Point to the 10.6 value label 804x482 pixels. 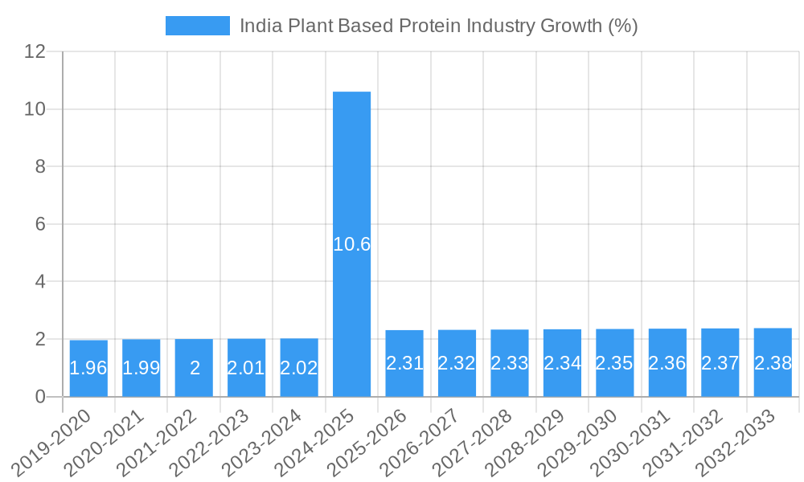(352, 244)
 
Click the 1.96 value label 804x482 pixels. (88, 368)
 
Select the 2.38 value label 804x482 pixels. (773, 363)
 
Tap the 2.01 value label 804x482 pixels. (246, 368)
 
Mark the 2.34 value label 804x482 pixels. (562, 363)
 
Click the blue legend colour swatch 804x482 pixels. (197, 26)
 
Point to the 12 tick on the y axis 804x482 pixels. (35, 51)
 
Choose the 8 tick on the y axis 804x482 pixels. (40, 166)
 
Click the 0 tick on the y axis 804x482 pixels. (40, 397)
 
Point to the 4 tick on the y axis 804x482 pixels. (40, 282)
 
